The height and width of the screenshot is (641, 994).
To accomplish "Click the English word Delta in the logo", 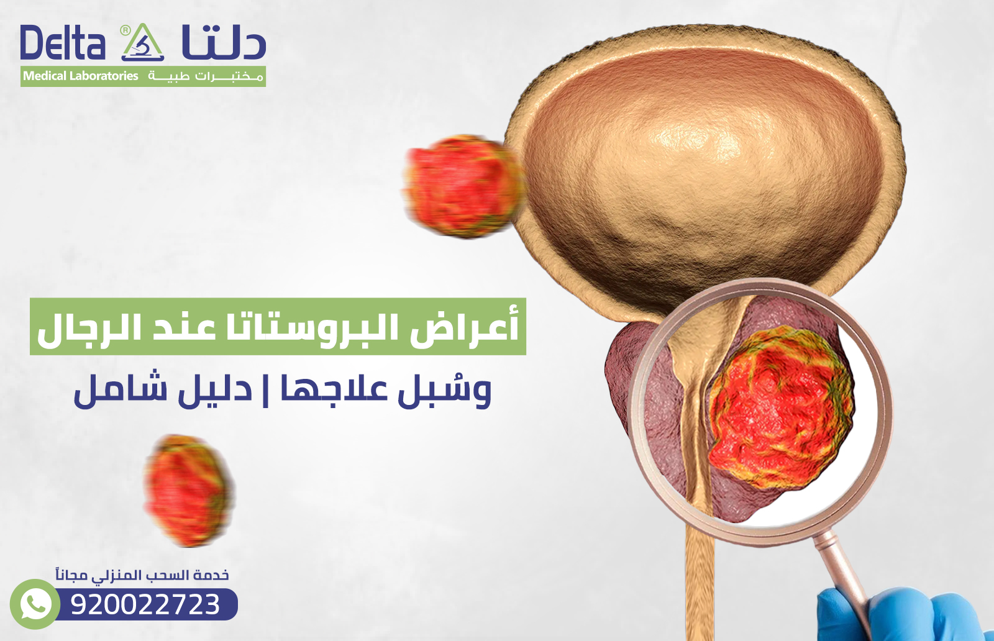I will [x=62, y=43].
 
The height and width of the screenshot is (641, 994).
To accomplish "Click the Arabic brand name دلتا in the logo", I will [x=224, y=43].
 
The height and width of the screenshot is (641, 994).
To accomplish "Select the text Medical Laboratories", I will [x=81, y=76].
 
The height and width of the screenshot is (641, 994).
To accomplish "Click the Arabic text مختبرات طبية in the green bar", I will [x=206, y=76].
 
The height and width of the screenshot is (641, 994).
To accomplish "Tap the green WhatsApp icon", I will [x=35, y=604].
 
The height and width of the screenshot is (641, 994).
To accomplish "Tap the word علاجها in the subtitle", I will [x=335, y=389].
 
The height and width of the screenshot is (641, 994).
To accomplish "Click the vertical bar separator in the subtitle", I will [x=266, y=389].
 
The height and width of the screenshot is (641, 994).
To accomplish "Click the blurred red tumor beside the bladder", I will [x=463, y=186].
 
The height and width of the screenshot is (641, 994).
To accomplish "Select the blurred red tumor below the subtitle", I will [x=188, y=491].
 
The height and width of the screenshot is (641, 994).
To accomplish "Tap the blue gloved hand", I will [x=901, y=615].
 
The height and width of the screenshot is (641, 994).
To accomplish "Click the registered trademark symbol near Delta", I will [x=125, y=30].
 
